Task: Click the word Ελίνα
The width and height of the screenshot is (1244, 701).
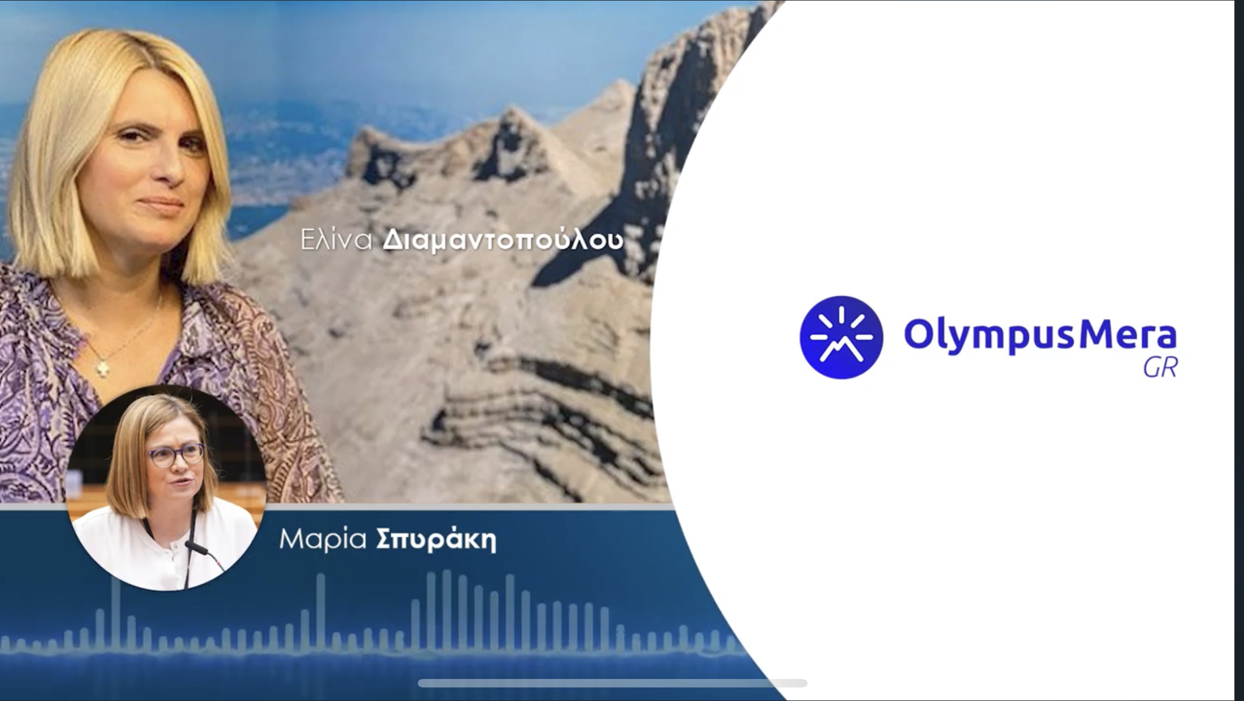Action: (x=337, y=240)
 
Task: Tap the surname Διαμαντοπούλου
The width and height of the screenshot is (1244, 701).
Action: (x=503, y=240)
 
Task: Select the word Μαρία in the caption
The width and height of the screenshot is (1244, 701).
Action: (x=323, y=539)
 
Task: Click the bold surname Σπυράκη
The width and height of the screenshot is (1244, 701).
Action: (x=436, y=540)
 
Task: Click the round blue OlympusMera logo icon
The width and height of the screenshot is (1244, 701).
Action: (x=841, y=338)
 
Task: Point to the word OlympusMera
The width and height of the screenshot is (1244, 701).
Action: (x=1041, y=335)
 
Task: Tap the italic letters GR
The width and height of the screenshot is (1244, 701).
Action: (x=1160, y=368)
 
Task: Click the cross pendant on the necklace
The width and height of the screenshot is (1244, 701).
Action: (x=103, y=367)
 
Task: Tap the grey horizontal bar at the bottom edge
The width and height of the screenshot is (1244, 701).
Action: (x=612, y=684)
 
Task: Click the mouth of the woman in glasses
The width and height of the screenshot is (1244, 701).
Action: (x=182, y=483)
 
